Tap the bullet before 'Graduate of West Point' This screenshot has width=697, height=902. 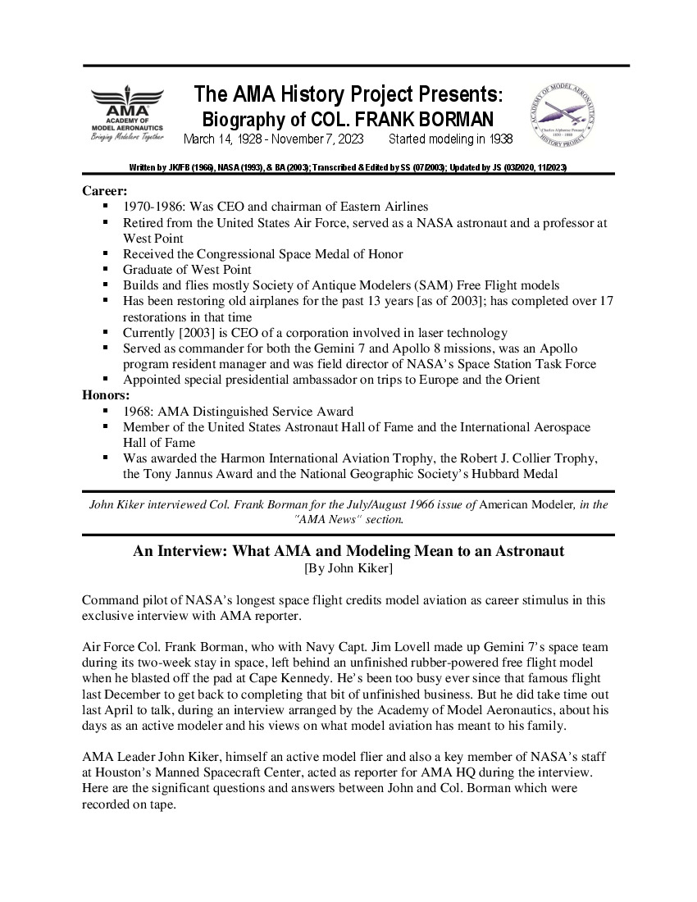pos(106,270)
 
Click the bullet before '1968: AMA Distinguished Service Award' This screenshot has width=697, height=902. pos(106,412)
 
